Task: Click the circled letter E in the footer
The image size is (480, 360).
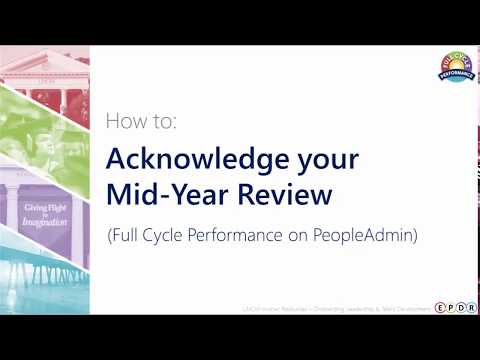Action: click(x=441, y=307)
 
